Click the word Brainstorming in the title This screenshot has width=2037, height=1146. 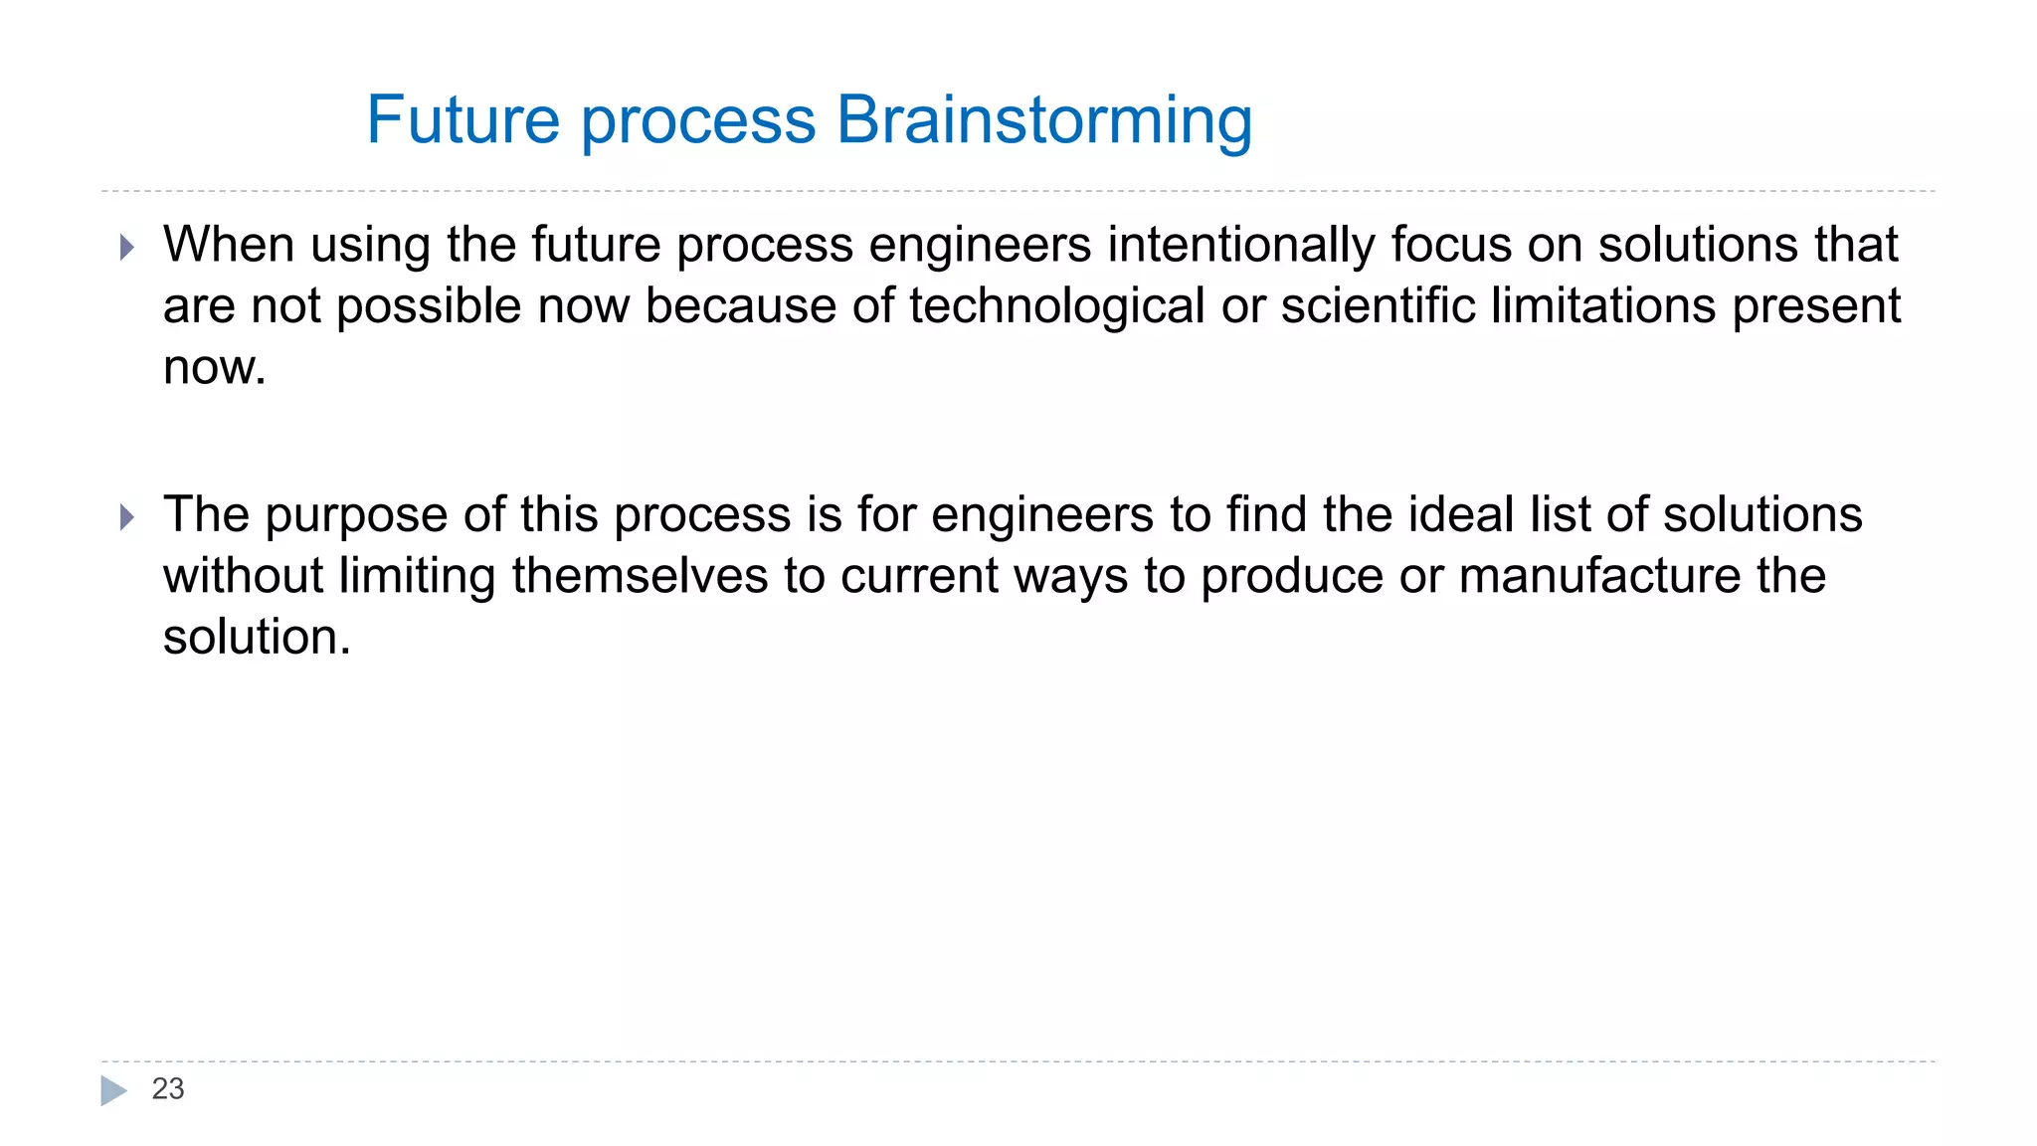click(x=1043, y=120)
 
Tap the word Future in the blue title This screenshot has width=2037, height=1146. click(x=463, y=120)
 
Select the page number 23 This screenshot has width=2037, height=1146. click(x=167, y=1089)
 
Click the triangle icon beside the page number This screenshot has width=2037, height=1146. click(x=113, y=1090)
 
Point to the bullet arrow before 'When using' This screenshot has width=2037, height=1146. click(x=126, y=247)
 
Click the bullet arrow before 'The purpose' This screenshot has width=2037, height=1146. click(x=126, y=517)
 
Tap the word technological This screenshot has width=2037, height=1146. click(x=1056, y=305)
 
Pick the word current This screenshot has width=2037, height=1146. click(x=919, y=576)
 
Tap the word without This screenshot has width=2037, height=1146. click(x=243, y=576)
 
